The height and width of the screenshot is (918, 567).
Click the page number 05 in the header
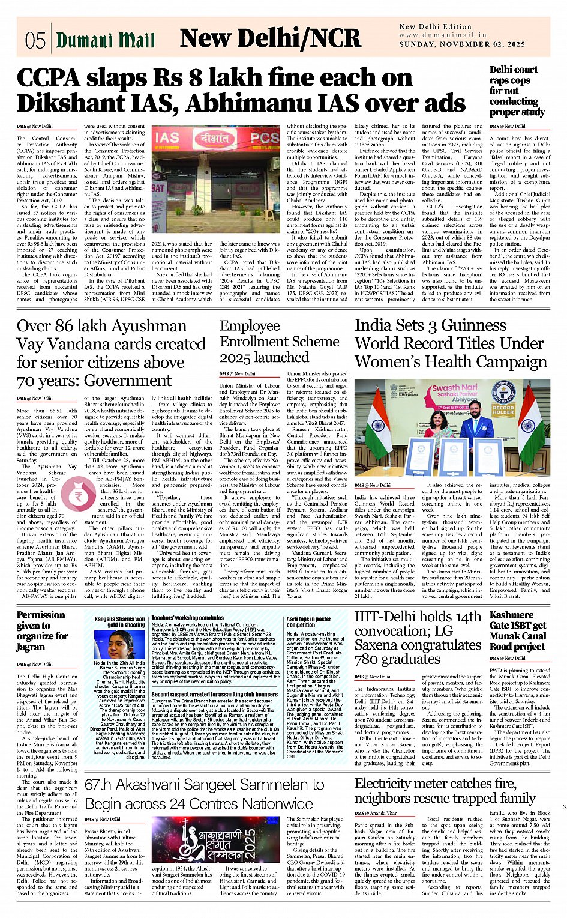[x=35, y=40]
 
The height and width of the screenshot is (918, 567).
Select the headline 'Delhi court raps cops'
[x=517, y=91]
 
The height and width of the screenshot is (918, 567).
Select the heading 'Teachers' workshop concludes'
[x=187, y=617]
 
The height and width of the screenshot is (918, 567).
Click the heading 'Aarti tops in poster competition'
[x=308, y=621]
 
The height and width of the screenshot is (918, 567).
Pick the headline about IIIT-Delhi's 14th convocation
[x=418, y=638]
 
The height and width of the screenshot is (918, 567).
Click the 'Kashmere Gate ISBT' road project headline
[x=518, y=630]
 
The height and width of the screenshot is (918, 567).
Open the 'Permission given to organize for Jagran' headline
[x=42, y=630]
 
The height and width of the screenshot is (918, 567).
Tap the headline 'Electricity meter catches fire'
[x=445, y=791]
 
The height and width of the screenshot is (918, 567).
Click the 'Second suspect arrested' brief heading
[x=206, y=694]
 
